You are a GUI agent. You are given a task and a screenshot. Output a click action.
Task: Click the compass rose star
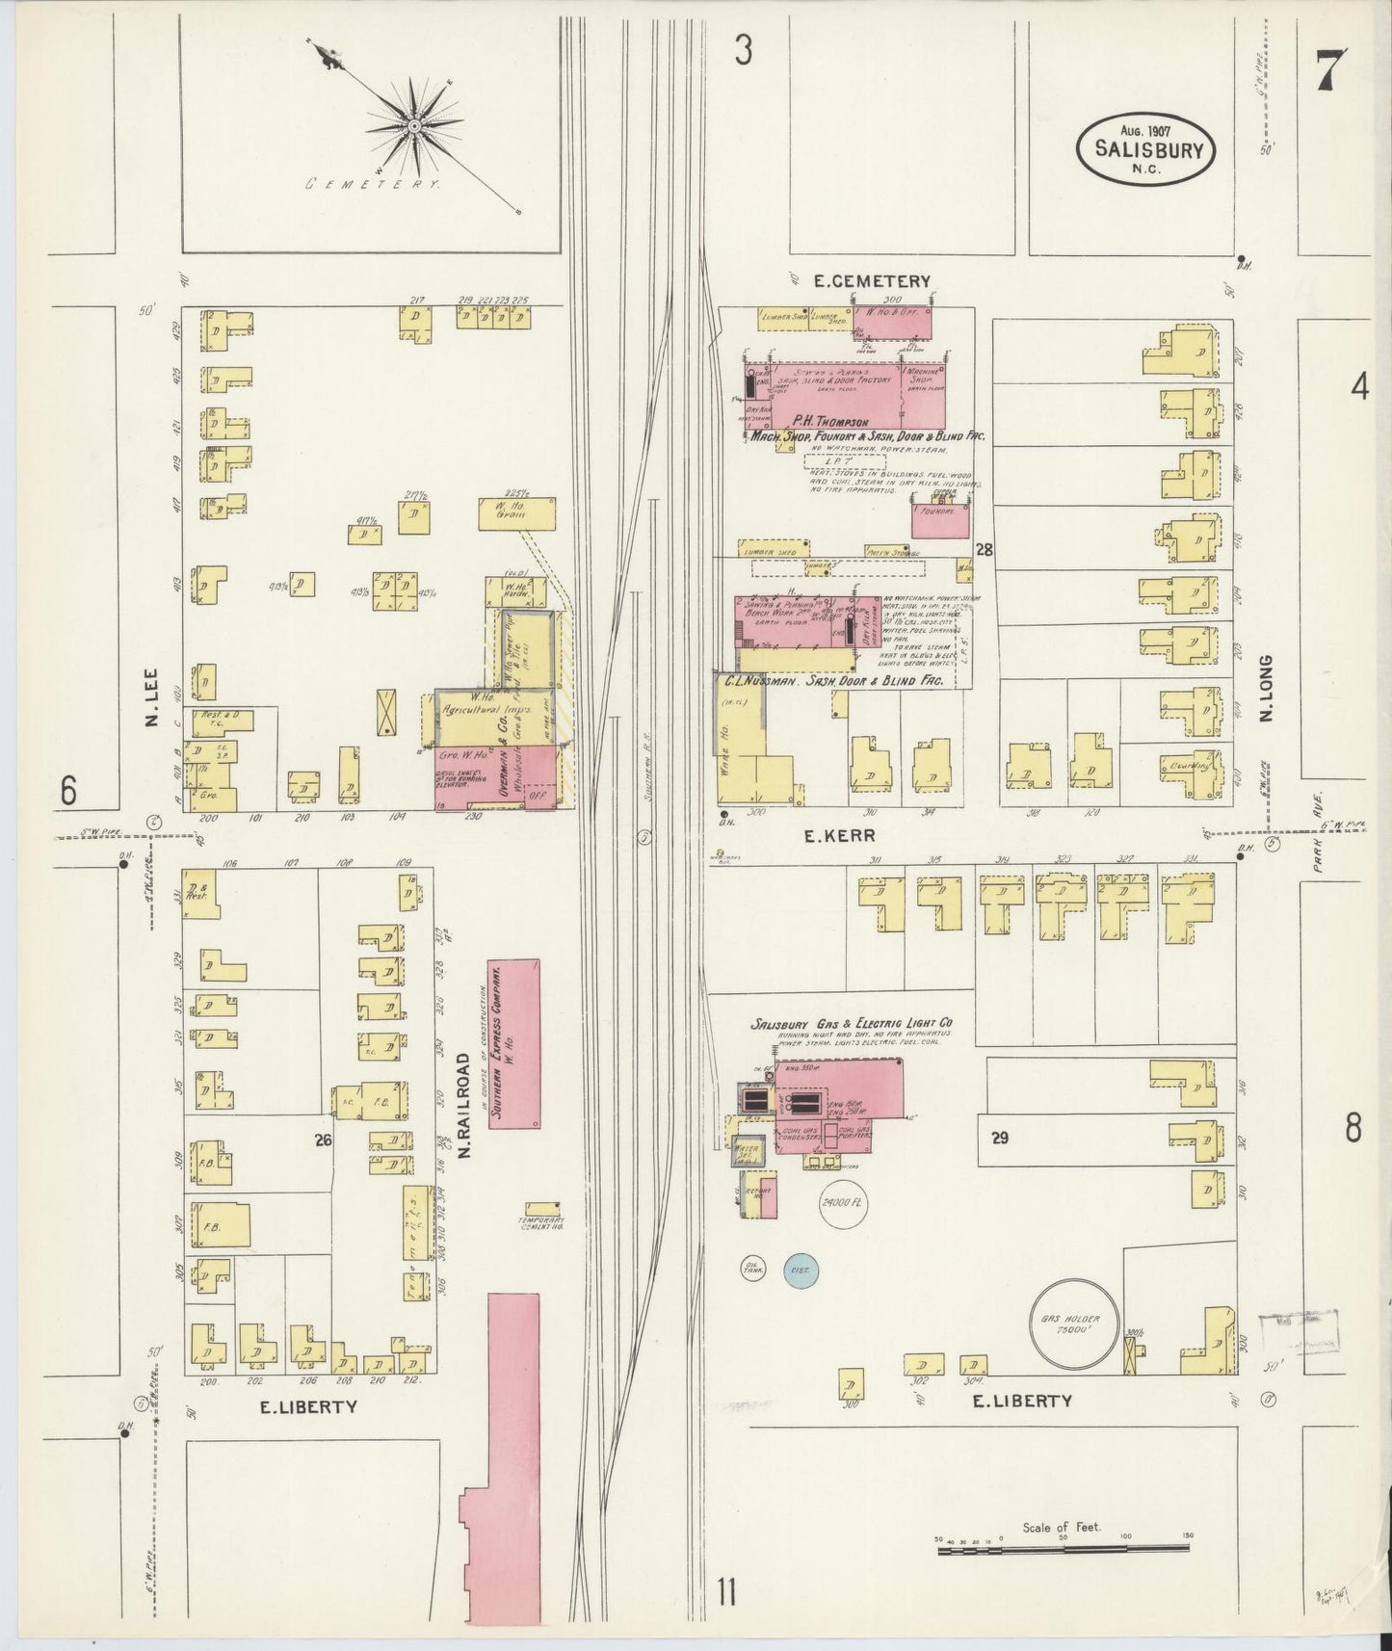pyautogui.click(x=414, y=126)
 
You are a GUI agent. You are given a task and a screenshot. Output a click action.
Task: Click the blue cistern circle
pyautogui.click(x=799, y=1271)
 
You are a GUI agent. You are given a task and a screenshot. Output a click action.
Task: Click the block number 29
pyautogui.click(x=999, y=1138)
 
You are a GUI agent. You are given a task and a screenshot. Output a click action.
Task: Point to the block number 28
pyautogui.click(x=984, y=550)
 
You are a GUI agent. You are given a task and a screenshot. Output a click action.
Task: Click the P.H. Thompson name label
pyautogui.click(x=831, y=422)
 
